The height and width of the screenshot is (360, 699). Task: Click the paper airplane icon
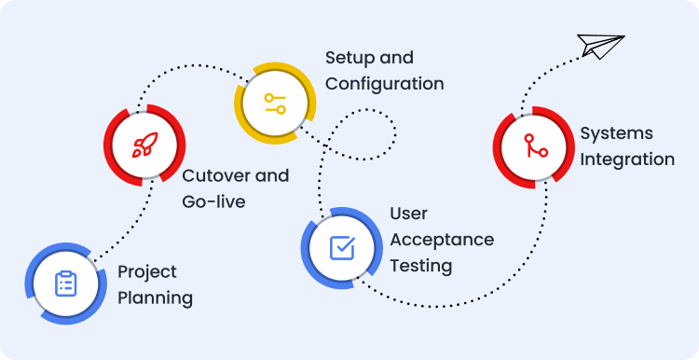pos(600,47)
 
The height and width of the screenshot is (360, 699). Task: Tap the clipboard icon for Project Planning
pos(66,284)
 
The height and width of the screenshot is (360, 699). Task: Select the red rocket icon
pos(144,145)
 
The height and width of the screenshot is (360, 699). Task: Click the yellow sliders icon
pos(275,104)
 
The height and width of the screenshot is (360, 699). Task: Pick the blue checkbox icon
pos(342,248)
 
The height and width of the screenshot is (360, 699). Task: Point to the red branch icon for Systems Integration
pos(535,145)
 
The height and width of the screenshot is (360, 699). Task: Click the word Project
pos(147,272)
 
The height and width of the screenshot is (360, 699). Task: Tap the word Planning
pos(155,298)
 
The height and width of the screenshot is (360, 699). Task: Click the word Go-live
pos(213,201)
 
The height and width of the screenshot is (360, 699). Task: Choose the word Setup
pos(348,58)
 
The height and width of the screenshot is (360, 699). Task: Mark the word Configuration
pos(384,84)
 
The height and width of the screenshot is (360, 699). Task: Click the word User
pos(409,214)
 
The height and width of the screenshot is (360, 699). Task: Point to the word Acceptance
pos(442,240)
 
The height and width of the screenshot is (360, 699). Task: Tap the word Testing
pos(421,267)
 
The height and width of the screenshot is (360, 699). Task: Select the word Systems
pos(617,133)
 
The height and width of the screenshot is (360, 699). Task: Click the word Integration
pos(627,159)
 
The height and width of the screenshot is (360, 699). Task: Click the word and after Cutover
pos(272,175)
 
